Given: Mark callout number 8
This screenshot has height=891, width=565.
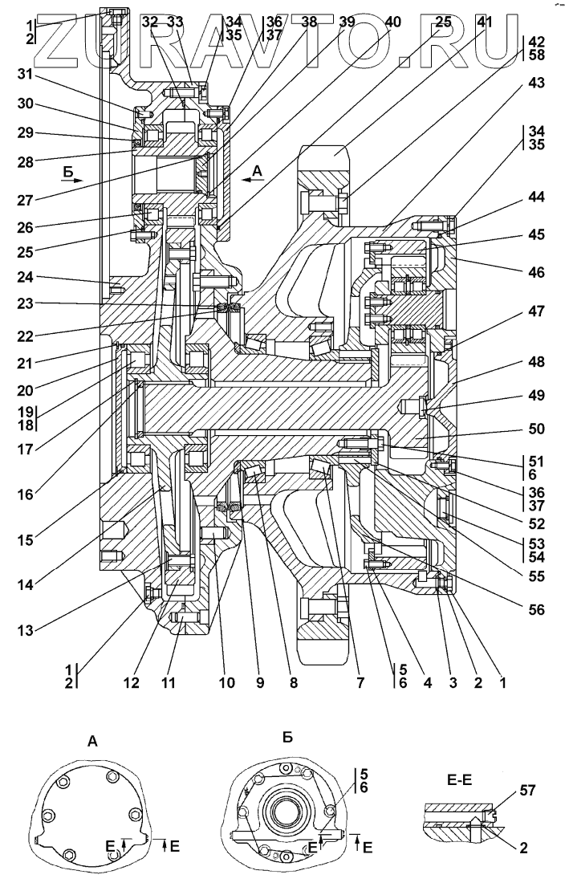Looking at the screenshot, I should click(293, 683).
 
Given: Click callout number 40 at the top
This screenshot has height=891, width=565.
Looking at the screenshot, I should click(393, 22).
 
